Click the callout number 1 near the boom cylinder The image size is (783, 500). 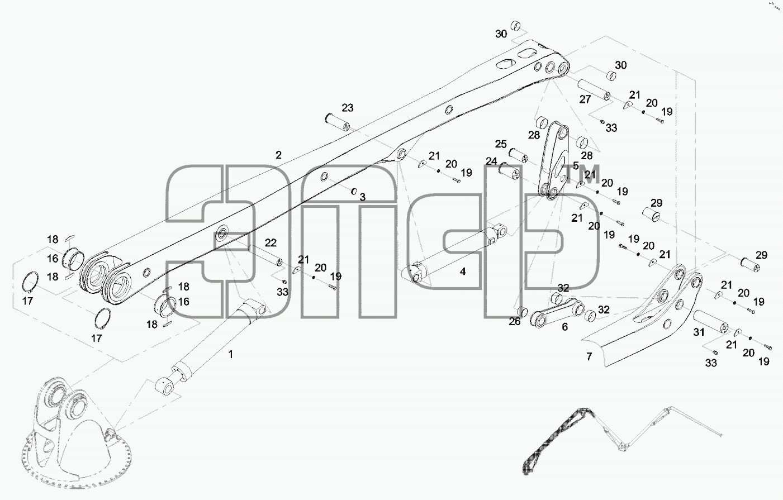pos(230,354)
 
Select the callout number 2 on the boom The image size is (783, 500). pos(278,155)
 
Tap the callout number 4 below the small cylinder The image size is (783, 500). pos(463,272)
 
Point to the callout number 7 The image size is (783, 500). pos(590,357)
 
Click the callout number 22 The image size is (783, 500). pos(271,243)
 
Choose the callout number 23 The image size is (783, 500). pos(348,108)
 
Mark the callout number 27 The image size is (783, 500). pos(585,99)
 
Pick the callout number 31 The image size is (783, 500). pos(699,332)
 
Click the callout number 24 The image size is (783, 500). pos(491,161)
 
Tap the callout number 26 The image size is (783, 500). pos(515,321)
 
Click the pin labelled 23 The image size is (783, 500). pos(338,122)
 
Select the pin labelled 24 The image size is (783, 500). pos(509,172)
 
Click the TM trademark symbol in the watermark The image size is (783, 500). pos(583,174)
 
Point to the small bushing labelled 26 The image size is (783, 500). pos(522,311)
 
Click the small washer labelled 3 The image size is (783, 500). pos(354,192)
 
